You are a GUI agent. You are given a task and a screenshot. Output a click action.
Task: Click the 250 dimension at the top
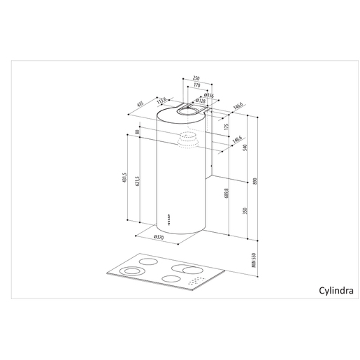[x=197, y=78]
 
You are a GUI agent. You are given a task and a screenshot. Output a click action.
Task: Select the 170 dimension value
[x=197, y=85]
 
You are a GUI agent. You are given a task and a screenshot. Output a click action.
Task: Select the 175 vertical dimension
[x=226, y=127]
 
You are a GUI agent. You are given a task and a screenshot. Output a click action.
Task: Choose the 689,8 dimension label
[x=226, y=192]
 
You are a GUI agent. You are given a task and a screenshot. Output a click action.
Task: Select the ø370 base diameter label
[x=159, y=238]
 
